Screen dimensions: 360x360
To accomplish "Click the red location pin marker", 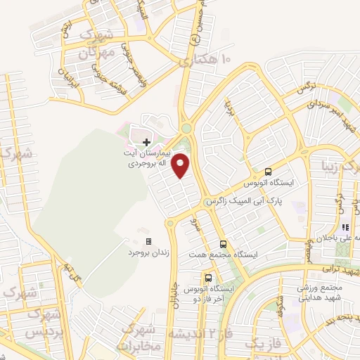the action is click(181, 165).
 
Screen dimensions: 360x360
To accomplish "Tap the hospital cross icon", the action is click(146, 142).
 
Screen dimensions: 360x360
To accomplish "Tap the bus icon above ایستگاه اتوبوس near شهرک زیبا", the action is click(268, 171).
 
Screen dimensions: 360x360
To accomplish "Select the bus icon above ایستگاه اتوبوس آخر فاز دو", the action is click(207, 277).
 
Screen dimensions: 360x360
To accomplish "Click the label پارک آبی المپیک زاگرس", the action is click(238, 201).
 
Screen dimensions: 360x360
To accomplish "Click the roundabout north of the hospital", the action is click(186, 128).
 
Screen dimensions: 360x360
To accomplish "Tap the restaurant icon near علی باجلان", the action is click(345, 228).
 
